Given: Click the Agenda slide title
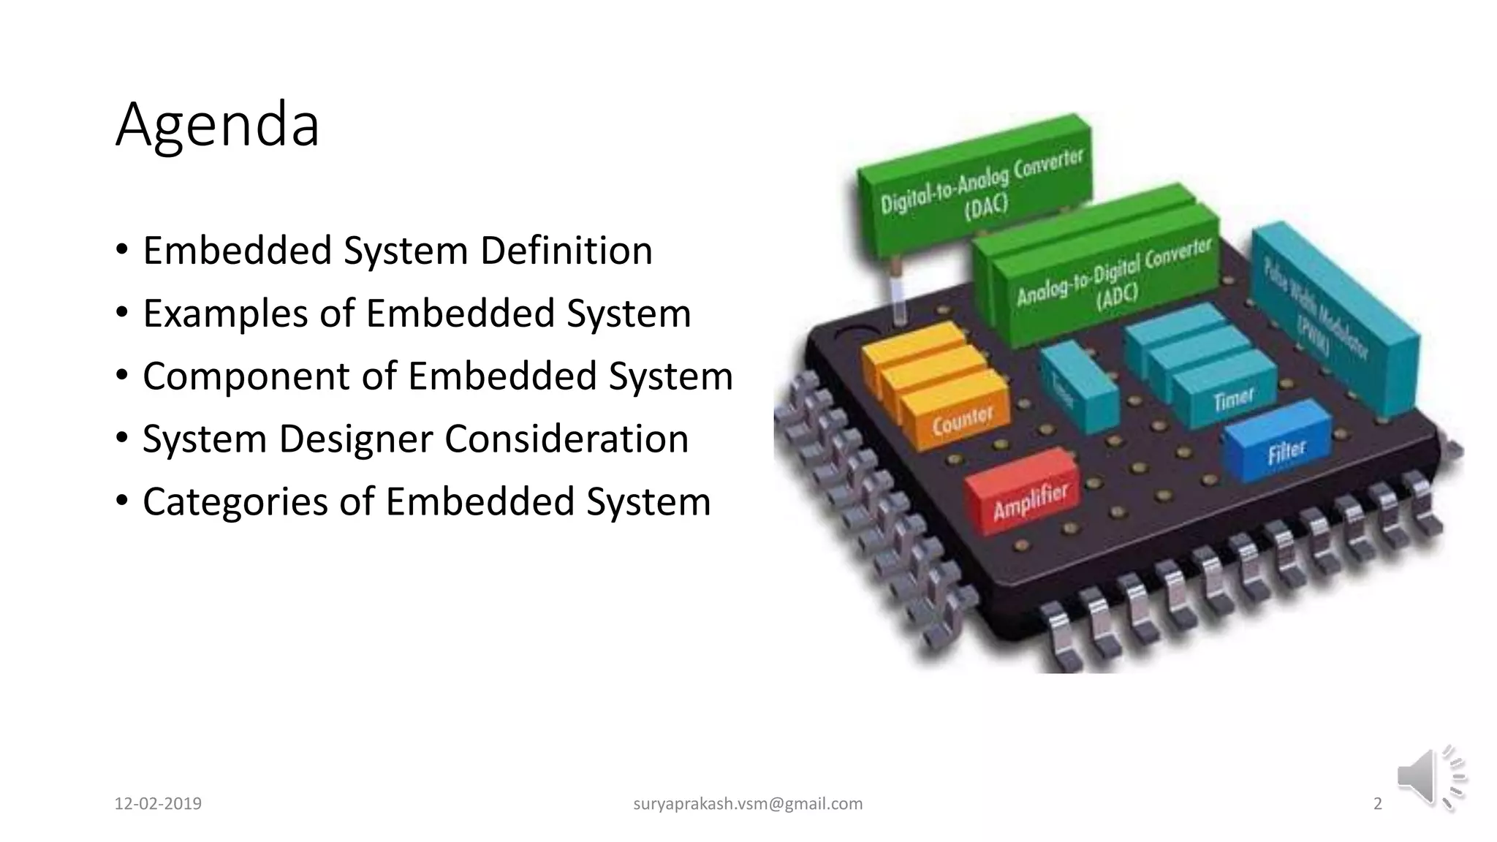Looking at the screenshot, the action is click(x=217, y=125).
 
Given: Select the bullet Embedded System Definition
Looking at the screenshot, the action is click(x=397, y=251).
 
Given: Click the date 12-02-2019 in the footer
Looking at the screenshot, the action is click(x=158, y=804).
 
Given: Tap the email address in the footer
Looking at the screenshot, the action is click(x=748, y=804).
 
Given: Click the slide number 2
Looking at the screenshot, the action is click(x=1378, y=804).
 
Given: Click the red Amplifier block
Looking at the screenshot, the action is click(x=1029, y=501).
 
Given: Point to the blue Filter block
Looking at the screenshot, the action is click(x=1285, y=450).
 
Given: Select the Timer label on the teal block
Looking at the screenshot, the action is click(x=1233, y=400).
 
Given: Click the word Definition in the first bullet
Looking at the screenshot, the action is click(x=566, y=251).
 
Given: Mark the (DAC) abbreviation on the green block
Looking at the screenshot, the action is click(x=986, y=208).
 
